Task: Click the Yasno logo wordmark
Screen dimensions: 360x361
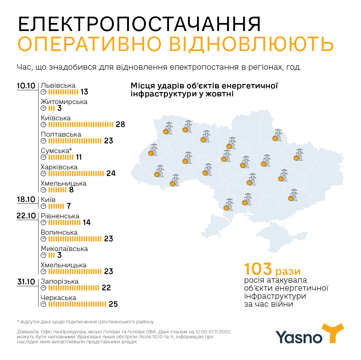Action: (299, 337)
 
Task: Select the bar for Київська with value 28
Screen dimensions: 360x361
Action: (81, 125)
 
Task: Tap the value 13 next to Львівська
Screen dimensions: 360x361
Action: (84, 92)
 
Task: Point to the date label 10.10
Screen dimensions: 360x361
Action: (26, 86)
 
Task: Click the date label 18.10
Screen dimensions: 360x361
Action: (26, 200)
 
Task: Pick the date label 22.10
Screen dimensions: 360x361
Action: (26, 216)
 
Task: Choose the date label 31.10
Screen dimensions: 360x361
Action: (26, 282)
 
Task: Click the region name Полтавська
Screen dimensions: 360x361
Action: (61, 134)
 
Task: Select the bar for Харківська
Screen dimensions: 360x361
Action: (76, 174)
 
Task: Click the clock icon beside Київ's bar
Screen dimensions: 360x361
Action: (43, 206)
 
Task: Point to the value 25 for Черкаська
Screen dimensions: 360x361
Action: (114, 304)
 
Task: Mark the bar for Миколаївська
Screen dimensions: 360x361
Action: (51, 255)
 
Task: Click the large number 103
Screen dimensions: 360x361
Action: (258, 269)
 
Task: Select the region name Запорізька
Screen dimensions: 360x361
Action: (59, 281)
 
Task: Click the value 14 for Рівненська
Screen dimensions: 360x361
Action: (87, 223)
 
